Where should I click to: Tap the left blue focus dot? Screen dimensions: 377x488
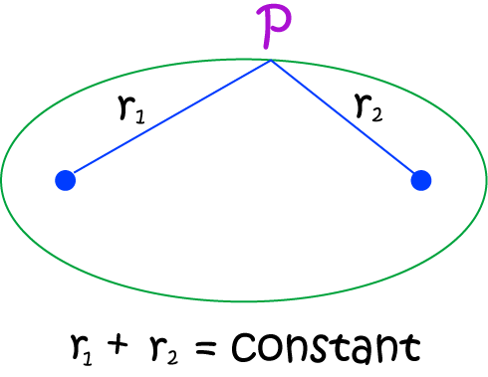pyautogui.click(x=65, y=180)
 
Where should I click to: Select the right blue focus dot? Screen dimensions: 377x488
pyautogui.click(x=420, y=180)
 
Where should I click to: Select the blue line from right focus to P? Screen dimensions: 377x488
pyautogui.click(x=346, y=120)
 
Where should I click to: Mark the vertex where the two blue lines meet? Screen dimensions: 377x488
pyautogui.click(x=271, y=61)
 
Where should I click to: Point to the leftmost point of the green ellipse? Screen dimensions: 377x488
pyautogui.click(x=2, y=180)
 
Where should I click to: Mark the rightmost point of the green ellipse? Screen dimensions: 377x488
pyautogui.click(x=486, y=180)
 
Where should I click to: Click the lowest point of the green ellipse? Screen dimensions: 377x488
pyautogui.click(x=244, y=300)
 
